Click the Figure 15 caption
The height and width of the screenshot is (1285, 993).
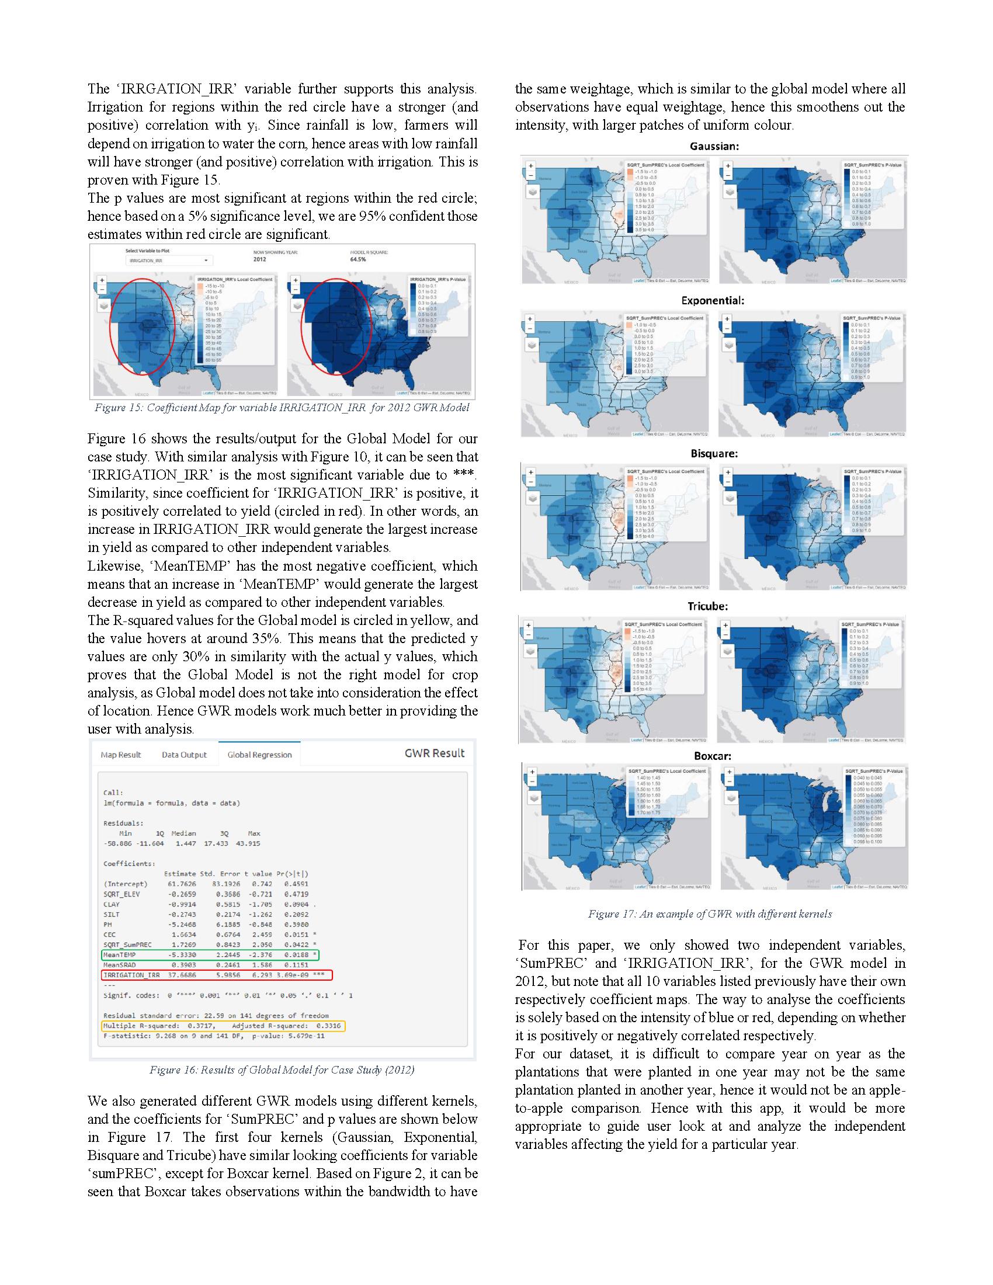coord(282,408)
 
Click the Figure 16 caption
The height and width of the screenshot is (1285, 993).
coord(282,1069)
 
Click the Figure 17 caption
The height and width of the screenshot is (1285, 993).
coord(710,914)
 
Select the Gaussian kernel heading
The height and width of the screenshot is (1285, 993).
coord(714,146)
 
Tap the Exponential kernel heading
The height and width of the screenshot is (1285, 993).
coord(713,300)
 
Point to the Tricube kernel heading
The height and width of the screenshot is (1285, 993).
coord(707,606)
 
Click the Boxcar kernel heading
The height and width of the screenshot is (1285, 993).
coord(713,756)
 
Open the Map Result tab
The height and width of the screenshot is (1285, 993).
coord(120,755)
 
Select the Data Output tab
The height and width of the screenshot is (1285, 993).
coord(184,755)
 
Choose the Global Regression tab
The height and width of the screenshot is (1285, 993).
coord(259,755)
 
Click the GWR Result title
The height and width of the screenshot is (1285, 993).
coord(434,753)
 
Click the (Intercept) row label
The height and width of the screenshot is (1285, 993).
coord(126,884)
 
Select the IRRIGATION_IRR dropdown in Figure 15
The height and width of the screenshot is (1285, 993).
coord(169,260)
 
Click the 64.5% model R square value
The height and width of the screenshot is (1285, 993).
coord(357,259)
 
